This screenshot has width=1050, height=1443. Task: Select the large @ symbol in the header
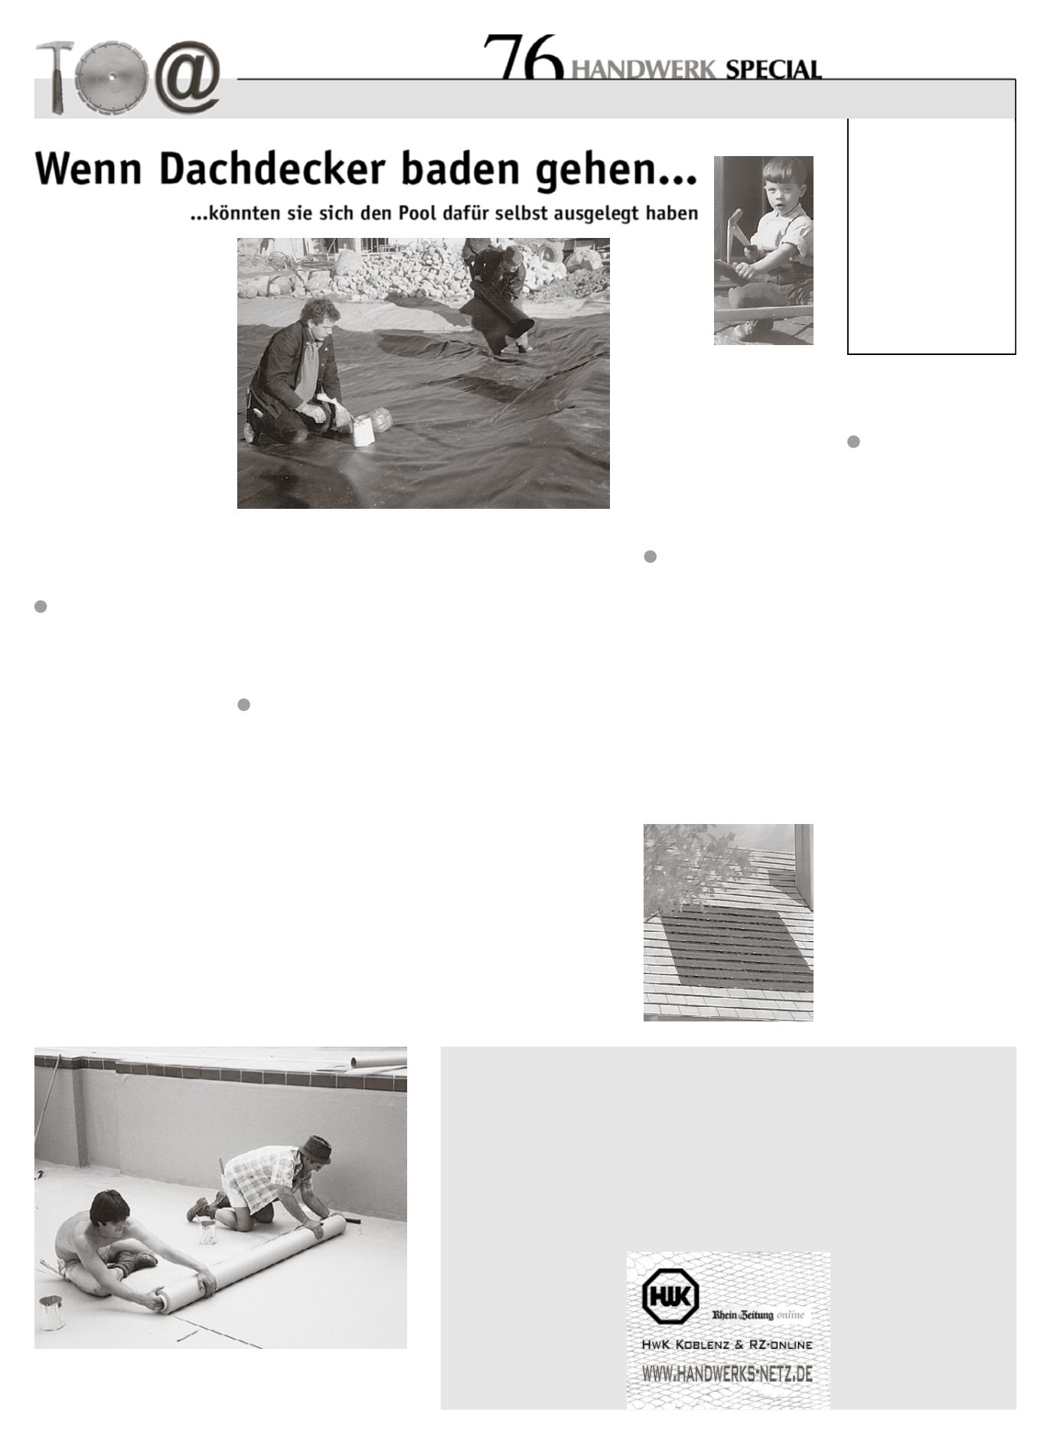[187, 76]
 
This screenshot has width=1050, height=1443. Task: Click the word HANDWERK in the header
[644, 70]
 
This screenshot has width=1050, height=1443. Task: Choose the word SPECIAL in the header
[773, 70]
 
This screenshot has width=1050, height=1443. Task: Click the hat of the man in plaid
[315, 1148]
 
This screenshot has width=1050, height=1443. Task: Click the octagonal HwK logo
[670, 1295]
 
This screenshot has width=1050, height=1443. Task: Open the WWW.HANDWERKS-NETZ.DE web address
[727, 1373]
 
